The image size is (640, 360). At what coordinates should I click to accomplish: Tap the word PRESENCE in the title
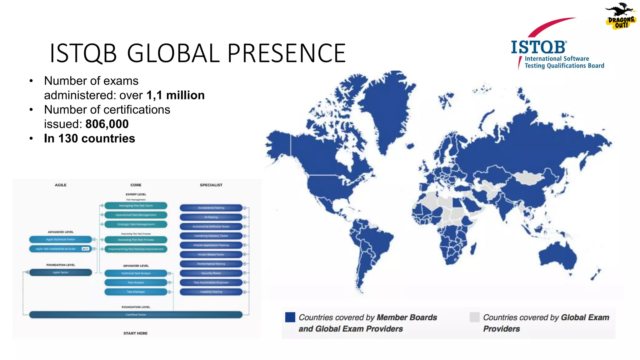287,53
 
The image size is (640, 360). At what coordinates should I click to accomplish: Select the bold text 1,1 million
175,95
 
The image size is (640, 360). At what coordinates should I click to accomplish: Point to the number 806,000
107,124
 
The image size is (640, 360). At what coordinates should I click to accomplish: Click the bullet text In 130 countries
89,138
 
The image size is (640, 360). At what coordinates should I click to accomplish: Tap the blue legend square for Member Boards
290,317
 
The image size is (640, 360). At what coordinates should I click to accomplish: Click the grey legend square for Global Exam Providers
474,317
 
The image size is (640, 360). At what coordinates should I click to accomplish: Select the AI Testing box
211,217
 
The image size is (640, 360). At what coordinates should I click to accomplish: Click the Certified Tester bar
136,315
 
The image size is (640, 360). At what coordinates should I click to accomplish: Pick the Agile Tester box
60,272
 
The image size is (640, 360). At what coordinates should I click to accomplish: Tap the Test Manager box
136,292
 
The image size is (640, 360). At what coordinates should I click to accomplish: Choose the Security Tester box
211,273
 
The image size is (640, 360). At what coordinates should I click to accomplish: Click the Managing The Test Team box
136,206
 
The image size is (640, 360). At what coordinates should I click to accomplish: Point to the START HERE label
135,333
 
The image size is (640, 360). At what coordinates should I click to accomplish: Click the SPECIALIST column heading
211,185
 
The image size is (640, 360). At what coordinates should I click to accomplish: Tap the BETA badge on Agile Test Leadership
85,249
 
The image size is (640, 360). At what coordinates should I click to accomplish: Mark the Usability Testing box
211,292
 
